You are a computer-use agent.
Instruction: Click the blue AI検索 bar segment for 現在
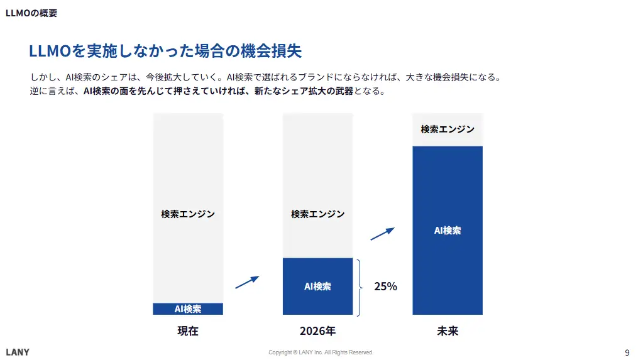coord(188,308)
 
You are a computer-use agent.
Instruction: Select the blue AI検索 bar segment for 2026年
coord(317,286)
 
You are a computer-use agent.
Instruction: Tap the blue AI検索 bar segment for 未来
coord(448,231)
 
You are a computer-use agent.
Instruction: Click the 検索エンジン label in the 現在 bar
coord(188,214)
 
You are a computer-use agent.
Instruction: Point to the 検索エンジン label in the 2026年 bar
coord(317,214)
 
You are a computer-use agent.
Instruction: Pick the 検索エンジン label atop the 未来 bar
coord(448,129)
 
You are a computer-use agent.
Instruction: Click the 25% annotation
coord(385,286)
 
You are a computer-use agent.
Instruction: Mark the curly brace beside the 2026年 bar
coord(360,287)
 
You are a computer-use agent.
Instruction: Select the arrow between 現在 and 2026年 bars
coord(247,282)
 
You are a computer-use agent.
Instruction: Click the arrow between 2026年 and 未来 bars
coord(382,234)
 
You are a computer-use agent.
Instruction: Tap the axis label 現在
coord(188,330)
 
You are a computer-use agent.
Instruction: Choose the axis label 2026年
coord(317,330)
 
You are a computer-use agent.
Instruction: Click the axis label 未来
coord(448,330)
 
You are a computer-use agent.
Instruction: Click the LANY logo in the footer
coord(18,352)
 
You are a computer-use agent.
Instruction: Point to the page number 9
coord(627,352)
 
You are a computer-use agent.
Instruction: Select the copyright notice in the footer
coord(321,352)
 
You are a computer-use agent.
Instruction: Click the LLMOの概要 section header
coord(31,13)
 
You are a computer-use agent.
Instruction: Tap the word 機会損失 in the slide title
coord(281,51)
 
